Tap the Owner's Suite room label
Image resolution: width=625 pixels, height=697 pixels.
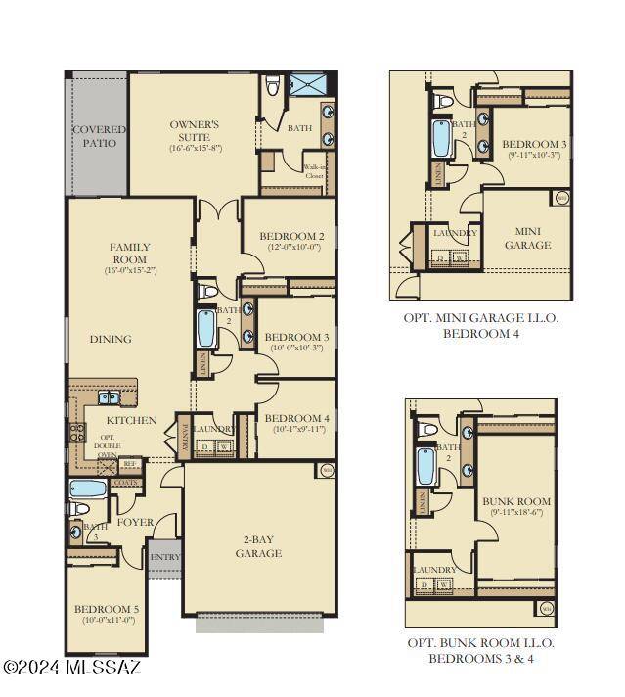pyautogui.click(x=195, y=135)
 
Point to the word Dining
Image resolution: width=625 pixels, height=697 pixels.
pyautogui.click(x=111, y=340)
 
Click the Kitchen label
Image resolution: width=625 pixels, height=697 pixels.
pyautogui.click(x=131, y=420)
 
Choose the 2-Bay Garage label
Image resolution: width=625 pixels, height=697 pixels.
pyautogui.click(x=259, y=545)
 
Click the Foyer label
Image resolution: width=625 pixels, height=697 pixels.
pyautogui.click(x=135, y=522)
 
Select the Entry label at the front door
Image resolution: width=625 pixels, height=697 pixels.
pyautogui.click(x=166, y=557)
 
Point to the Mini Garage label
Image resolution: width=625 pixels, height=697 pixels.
pyautogui.click(x=527, y=238)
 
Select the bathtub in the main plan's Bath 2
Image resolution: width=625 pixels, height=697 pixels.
pyautogui.click(x=207, y=329)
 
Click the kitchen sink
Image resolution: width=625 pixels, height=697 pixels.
pyautogui.click(x=109, y=397)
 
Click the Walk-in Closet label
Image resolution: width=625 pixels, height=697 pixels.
pyautogui.click(x=315, y=171)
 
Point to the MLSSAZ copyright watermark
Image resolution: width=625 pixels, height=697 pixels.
pyautogui.click(x=72, y=667)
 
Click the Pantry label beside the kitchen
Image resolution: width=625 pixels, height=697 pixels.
pyautogui.click(x=182, y=437)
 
